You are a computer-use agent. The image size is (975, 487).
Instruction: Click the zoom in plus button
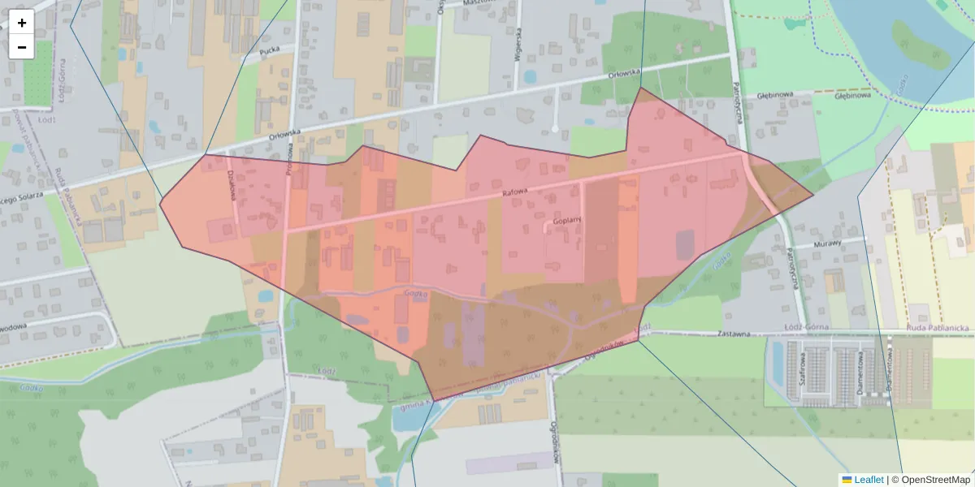[x=22, y=22]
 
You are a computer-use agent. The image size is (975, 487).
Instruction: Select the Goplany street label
[x=567, y=220]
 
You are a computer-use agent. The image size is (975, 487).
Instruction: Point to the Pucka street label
[x=269, y=50]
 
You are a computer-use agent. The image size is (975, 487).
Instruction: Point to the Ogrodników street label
[x=557, y=442]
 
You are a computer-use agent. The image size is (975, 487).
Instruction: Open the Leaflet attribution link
[x=869, y=480]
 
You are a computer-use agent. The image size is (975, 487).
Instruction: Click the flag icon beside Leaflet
[x=847, y=480]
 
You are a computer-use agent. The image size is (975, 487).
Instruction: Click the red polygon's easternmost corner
[x=813, y=195]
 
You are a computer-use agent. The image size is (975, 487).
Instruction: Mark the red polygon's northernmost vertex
[x=641, y=88]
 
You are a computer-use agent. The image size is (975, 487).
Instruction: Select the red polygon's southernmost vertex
[x=435, y=401]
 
